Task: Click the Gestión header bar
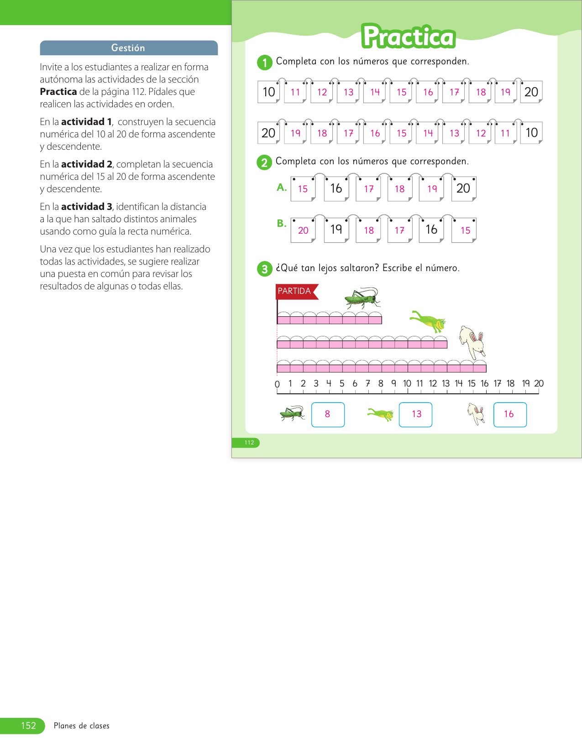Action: (128, 48)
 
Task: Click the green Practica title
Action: (409, 37)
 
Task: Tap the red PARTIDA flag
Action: (295, 291)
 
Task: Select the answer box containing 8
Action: (328, 414)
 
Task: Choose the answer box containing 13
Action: (415, 414)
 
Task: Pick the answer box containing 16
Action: (510, 414)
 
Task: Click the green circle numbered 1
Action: (265, 62)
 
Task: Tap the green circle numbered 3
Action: (264, 269)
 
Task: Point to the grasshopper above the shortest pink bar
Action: (362, 298)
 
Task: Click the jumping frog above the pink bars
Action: (428, 320)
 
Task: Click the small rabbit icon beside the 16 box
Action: (476, 413)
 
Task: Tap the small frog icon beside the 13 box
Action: (381, 414)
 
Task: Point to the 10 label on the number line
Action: (407, 384)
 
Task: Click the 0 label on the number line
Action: (277, 384)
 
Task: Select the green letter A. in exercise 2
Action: (282, 187)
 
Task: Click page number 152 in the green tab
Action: (28, 726)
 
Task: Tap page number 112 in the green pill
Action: (249, 443)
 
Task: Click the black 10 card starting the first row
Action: (268, 92)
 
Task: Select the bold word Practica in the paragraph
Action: (58, 92)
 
